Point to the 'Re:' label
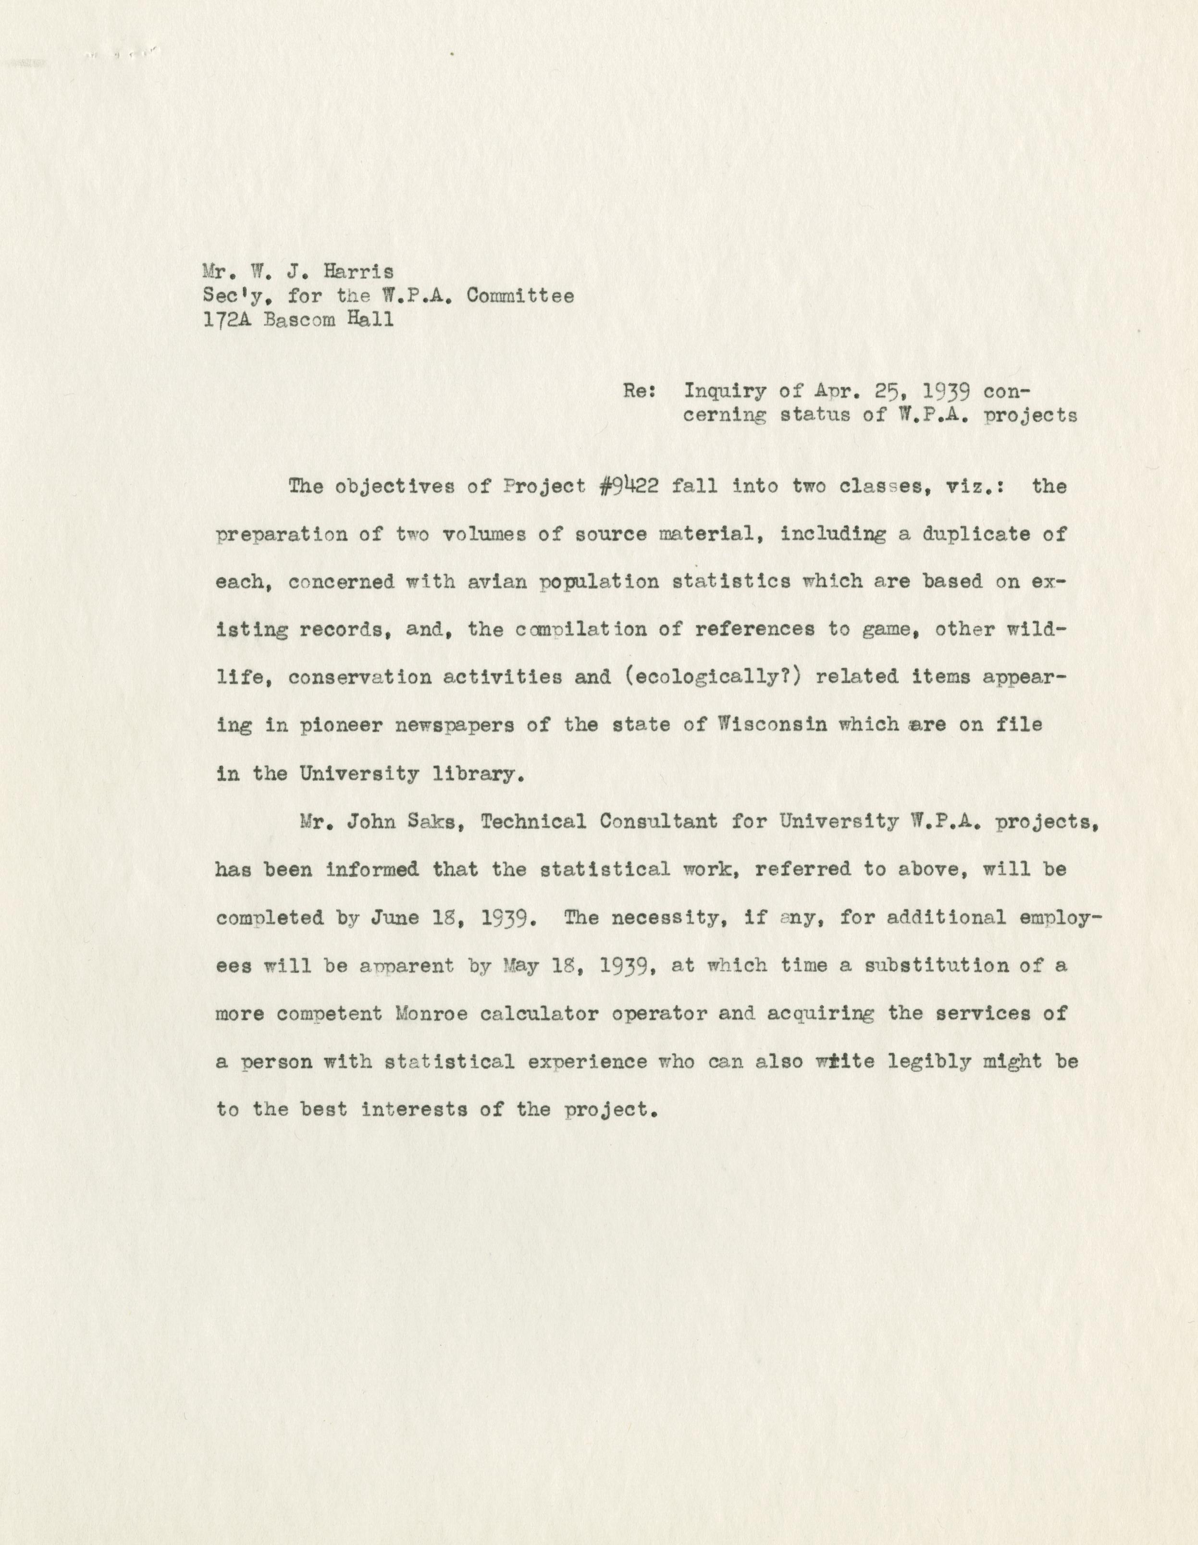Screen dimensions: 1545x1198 (x=638, y=391)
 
